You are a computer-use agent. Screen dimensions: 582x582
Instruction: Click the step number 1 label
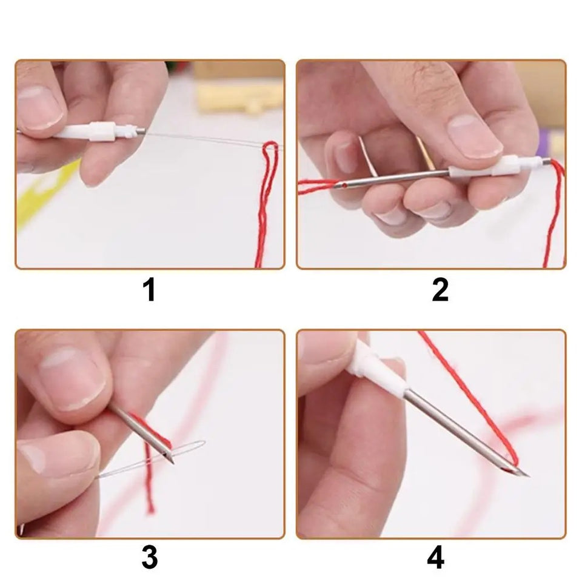click(x=149, y=290)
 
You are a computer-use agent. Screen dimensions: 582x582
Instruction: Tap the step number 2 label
click(x=440, y=290)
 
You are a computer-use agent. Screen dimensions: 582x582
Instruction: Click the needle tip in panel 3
click(x=172, y=463)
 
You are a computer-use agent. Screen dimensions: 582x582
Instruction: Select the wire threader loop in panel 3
click(x=185, y=452)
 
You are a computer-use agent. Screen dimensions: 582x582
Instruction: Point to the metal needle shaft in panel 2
click(x=400, y=178)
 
